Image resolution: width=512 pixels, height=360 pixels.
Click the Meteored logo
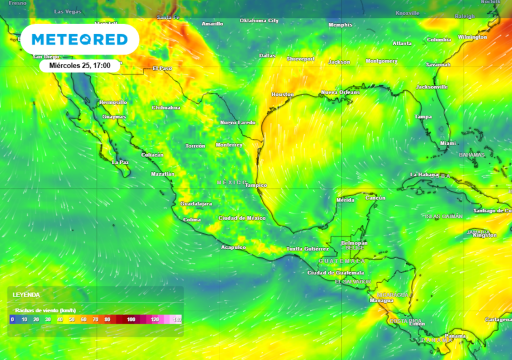pyautogui.click(x=79, y=39)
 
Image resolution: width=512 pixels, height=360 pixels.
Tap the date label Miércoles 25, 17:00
pyautogui.click(x=80, y=65)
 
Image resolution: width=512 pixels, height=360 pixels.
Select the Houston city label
pyautogui.click(x=282, y=94)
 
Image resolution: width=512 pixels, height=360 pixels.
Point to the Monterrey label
pyautogui.click(x=229, y=145)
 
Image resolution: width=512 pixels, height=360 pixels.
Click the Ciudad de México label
pyautogui.click(x=242, y=218)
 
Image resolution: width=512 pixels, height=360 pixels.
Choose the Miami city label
pyautogui.click(x=448, y=143)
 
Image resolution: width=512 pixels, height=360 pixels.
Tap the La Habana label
pyautogui.click(x=421, y=174)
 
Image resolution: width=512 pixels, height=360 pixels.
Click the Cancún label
pyautogui.click(x=375, y=198)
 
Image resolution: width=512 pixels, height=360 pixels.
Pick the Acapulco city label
pyautogui.click(x=233, y=247)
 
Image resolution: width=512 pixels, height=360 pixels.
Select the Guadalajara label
pyautogui.click(x=196, y=204)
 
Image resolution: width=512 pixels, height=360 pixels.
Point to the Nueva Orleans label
pyautogui.click(x=340, y=92)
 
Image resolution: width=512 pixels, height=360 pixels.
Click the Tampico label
pyautogui.click(x=256, y=185)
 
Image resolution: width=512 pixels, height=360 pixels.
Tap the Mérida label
pyautogui.click(x=345, y=200)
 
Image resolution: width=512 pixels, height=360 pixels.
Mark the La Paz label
pyautogui.click(x=120, y=162)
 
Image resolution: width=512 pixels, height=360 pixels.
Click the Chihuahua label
pyautogui.click(x=166, y=107)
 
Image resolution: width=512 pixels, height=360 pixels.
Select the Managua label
pyautogui.click(x=381, y=300)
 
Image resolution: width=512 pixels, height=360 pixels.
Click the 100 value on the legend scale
pyautogui.click(x=131, y=319)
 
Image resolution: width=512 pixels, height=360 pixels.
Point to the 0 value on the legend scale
pyautogui.click(x=12, y=319)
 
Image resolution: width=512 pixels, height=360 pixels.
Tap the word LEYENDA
pyautogui.click(x=26, y=295)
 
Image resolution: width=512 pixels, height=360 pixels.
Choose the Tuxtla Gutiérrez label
pyautogui.click(x=307, y=249)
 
